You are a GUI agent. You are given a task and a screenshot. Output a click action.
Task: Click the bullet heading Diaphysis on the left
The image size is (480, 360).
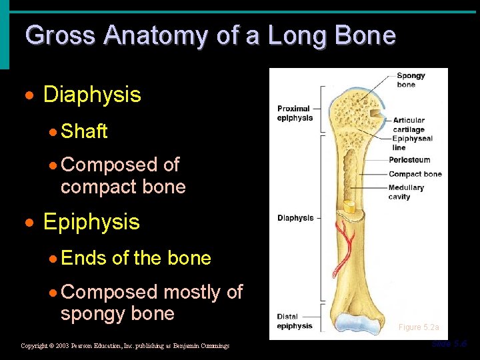coord(92,95)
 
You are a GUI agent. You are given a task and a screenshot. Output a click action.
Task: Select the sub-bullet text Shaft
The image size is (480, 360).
coord(84,131)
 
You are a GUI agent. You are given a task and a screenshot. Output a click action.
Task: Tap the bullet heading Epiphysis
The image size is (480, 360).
coord(91,222)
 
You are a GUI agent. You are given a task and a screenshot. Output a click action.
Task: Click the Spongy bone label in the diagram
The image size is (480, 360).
coord(410,80)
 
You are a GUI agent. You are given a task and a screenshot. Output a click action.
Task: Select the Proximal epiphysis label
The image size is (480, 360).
coord(295,113)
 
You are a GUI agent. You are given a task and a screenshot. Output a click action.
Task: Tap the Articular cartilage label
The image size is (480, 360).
coord(409,125)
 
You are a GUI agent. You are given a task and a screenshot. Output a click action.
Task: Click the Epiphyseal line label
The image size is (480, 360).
coord(412,143)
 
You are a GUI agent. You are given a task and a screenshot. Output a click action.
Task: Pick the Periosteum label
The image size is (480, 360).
coord(409,160)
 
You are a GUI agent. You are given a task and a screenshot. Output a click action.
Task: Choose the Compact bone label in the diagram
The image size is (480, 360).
coord(415,174)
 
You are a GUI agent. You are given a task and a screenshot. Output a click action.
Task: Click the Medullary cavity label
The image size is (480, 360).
coord(405,192)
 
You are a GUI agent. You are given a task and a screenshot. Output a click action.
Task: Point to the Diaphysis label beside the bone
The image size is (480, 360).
coord(295,218)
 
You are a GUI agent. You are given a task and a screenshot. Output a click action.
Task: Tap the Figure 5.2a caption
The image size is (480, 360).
coord(419,327)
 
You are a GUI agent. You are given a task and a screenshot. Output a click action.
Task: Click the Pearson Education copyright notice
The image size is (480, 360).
coord(125,346)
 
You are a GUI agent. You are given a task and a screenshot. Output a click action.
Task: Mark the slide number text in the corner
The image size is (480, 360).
coord(449,344)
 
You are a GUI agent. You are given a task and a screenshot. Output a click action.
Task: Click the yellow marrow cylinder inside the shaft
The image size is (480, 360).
coord(350,207)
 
